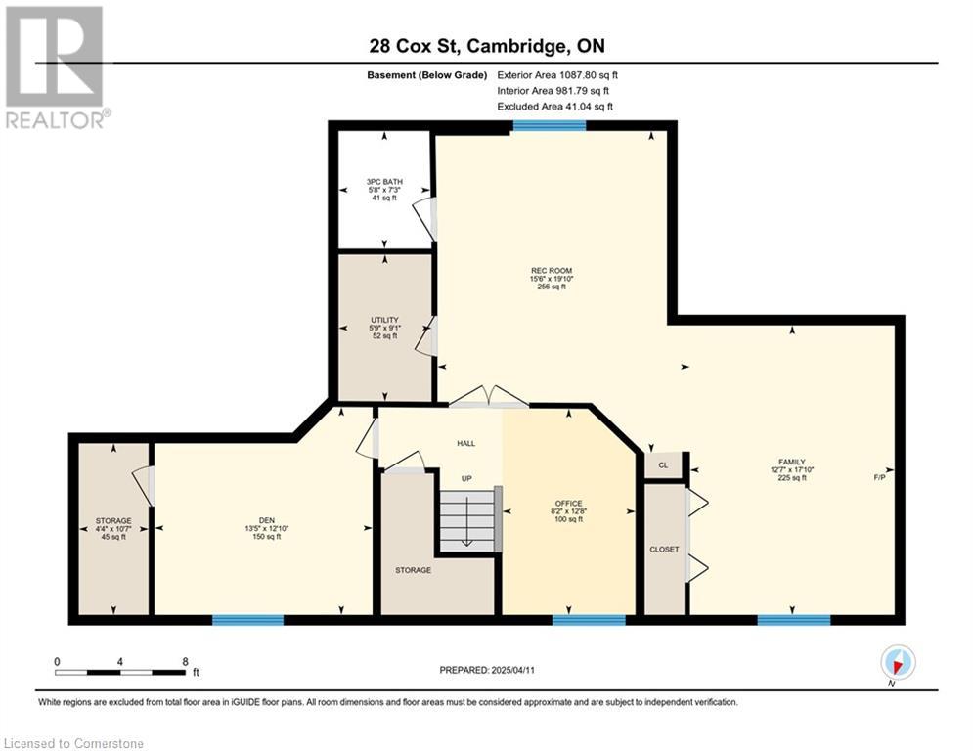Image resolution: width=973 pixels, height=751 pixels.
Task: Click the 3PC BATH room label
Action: [384, 182]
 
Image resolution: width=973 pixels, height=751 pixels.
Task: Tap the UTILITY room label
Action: [384, 320]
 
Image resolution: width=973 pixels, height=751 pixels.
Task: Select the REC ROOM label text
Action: [551, 271]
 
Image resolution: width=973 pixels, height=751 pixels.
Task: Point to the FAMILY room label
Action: [792, 462]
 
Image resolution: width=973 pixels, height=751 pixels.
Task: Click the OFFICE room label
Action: [568, 504]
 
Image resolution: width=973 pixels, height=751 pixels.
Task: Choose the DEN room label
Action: [267, 521]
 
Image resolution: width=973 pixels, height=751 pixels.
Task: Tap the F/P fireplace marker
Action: [879, 478]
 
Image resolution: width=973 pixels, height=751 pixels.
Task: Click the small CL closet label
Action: [663, 464]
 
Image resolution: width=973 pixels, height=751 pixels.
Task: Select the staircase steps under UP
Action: [467, 519]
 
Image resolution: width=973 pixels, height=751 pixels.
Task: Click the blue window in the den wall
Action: [247, 619]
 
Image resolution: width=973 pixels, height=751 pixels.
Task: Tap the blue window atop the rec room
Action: [550, 126]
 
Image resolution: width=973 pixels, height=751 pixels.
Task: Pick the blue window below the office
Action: [589, 619]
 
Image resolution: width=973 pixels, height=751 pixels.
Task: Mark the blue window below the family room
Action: [794, 619]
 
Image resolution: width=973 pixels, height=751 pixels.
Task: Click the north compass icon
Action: [898, 662]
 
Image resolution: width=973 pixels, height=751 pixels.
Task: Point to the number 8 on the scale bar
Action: [185, 662]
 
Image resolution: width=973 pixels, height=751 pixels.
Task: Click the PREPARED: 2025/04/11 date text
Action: [487, 670]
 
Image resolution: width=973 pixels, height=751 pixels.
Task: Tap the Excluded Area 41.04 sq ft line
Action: [555, 107]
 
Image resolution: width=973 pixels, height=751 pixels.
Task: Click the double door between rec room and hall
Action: [489, 397]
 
